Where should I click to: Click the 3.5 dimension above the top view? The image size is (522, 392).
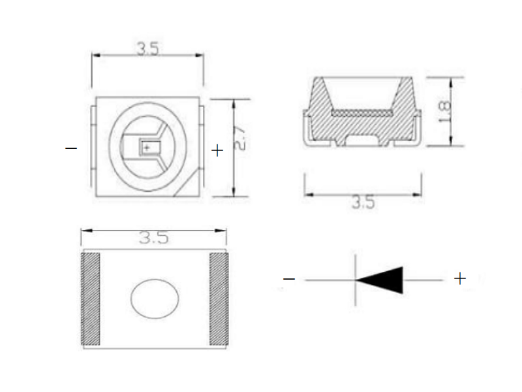pos(147,48)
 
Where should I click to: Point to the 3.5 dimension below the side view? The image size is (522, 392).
pos(363,203)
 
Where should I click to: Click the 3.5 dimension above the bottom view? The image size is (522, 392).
pos(153,238)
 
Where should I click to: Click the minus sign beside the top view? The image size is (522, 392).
pos(71,149)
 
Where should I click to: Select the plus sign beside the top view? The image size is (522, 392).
pos(217,150)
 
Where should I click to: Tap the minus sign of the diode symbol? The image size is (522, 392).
pos(289,280)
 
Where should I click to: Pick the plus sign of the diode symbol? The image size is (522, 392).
pos(460,279)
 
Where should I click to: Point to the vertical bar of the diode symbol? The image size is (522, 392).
pos(356,280)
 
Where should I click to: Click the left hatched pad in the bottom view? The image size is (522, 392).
pos(89,299)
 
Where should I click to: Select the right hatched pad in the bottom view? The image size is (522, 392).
pos(219,299)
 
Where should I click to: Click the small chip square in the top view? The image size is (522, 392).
pos(149,148)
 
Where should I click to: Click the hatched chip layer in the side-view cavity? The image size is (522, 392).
pos(361,112)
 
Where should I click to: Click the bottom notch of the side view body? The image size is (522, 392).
pos(361,139)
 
